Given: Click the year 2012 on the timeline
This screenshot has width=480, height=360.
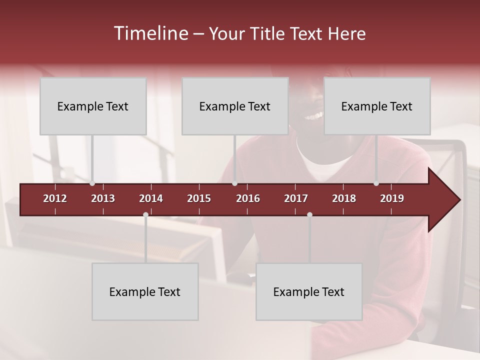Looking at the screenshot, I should [55, 198].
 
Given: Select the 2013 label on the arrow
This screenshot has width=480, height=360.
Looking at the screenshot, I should [103, 198].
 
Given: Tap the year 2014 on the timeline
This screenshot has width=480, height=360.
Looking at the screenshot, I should [151, 198].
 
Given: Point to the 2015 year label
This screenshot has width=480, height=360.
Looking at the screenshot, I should [199, 198].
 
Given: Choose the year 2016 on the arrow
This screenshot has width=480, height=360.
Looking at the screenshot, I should [248, 198].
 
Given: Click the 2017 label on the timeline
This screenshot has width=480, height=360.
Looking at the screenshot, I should [296, 198].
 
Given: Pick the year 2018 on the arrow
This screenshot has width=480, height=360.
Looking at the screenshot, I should [344, 198].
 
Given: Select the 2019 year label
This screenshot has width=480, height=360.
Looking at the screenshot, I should [392, 198].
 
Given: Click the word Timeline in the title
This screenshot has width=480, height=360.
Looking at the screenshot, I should [150, 33].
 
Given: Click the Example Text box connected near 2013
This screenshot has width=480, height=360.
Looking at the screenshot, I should [93, 106].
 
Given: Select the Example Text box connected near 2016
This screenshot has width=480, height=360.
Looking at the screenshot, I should [235, 106].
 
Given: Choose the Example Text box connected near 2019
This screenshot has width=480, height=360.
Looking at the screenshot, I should [377, 106].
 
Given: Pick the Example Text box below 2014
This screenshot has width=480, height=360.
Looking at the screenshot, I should [145, 291].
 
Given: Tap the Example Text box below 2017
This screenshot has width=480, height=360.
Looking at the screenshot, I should [309, 291].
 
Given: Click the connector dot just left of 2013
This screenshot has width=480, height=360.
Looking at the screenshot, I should [92, 183].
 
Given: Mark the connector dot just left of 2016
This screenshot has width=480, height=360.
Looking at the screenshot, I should [234, 183].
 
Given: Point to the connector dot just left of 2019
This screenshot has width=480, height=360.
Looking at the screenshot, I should [376, 183].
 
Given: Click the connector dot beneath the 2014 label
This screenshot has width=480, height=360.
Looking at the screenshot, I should [145, 215].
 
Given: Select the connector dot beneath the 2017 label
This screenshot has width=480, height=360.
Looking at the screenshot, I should [309, 215].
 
